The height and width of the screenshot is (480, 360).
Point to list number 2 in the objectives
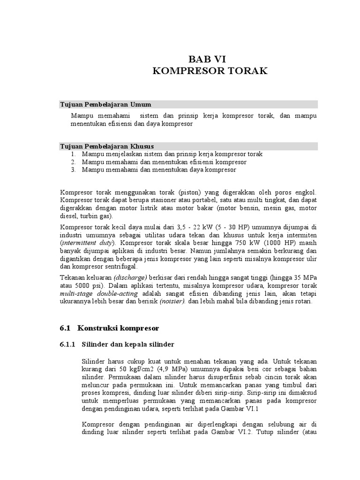pyautogui.click(x=74, y=162)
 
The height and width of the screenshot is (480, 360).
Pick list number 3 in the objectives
pyautogui.click(x=74, y=170)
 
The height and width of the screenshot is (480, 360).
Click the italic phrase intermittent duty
pyautogui.click(x=87, y=243)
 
